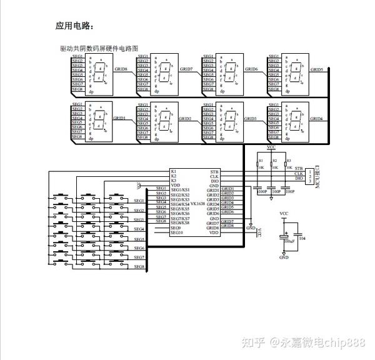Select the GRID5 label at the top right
point(316,69)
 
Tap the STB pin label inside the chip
point(214,171)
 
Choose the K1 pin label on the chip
point(173,171)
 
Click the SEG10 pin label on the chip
point(176,232)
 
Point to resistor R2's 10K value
point(275,168)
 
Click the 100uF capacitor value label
point(289,241)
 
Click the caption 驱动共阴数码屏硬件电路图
point(98,47)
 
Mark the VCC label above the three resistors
point(271,147)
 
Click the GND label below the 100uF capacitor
point(284,257)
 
